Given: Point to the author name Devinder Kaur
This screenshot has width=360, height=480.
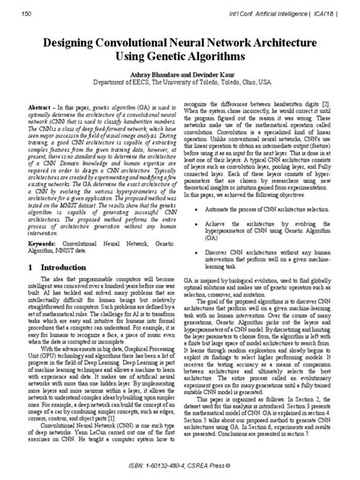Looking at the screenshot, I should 207,74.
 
